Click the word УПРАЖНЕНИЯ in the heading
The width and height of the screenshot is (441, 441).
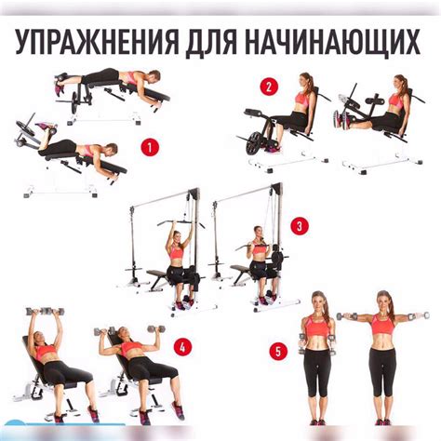click(96, 43)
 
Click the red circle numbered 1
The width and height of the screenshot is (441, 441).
click(150, 148)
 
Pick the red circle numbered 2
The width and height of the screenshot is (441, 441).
click(269, 87)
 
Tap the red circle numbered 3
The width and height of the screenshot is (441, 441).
click(300, 226)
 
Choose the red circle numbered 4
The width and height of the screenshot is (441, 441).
click(182, 347)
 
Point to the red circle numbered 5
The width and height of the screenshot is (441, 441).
click(278, 352)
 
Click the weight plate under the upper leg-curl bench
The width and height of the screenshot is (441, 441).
click(74, 103)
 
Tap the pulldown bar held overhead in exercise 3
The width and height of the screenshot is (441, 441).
click(180, 222)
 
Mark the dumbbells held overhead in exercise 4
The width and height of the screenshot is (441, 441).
click(46, 311)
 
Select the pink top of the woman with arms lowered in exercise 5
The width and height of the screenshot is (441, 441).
click(316, 326)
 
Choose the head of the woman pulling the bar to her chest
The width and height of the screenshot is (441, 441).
click(258, 232)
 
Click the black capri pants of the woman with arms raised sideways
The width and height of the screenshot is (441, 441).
click(383, 371)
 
